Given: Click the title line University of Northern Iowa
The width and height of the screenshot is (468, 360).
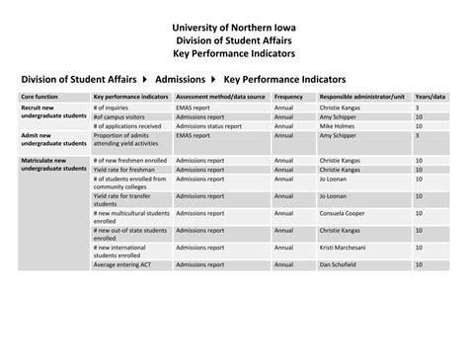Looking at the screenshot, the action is [x=233, y=26].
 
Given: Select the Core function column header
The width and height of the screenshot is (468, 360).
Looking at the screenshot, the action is [x=40, y=97].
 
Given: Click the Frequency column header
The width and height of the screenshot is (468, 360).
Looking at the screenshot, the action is [x=289, y=97].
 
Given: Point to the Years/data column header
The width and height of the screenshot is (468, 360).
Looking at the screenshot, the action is [x=430, y=97].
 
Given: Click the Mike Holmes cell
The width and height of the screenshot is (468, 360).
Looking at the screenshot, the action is [x=337, y=126].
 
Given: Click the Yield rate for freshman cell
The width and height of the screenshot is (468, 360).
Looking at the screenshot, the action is [x=123, y=170].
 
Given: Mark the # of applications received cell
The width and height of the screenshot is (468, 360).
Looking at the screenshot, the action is [x=129, y=126].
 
